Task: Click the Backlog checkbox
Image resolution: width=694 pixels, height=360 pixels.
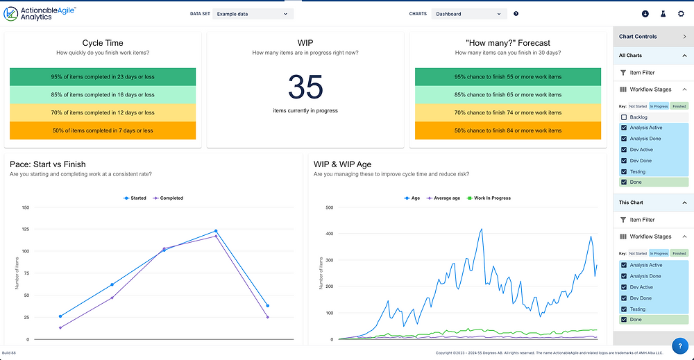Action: pos(624,117)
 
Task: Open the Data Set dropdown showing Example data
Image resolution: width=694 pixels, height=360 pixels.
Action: pos(251,13)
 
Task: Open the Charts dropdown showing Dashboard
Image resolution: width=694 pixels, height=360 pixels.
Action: pos(468,13)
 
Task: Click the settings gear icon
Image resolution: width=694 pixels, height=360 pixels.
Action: pos(681,13)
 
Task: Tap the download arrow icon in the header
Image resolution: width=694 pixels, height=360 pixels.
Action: pos(645,13)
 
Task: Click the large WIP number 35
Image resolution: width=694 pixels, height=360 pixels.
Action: pos(305,87)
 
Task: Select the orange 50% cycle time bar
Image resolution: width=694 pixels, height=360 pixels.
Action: pos(103,130)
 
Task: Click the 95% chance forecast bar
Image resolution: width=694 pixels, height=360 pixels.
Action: pos(507,77)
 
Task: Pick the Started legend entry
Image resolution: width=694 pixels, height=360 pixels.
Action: pos(135,198)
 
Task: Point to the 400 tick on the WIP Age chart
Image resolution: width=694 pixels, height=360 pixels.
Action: pos(330,234)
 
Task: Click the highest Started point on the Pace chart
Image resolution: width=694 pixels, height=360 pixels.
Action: pos(216,231)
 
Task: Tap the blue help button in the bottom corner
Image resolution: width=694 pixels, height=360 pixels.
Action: pos(679,345)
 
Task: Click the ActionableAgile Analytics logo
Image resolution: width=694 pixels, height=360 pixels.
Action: pos(40,13)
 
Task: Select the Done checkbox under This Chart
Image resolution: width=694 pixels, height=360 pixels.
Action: pos(624,320)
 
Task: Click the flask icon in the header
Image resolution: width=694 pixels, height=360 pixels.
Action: pos(663,13)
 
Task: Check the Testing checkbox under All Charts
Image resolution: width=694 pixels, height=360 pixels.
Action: pos(624,171)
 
